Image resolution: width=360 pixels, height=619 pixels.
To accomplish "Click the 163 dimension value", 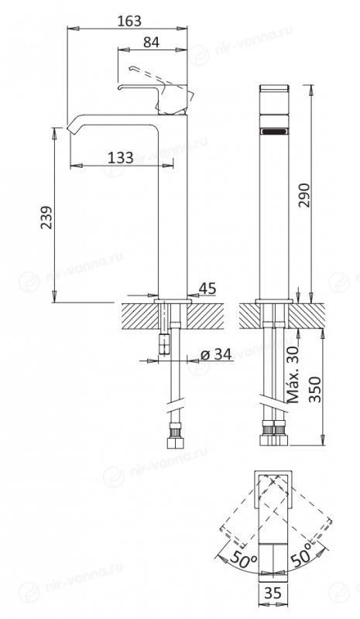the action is click(129, 21).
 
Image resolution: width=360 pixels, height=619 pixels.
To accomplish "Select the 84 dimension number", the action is click(151, 43).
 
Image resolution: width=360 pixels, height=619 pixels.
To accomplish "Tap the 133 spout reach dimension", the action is click(121, 158).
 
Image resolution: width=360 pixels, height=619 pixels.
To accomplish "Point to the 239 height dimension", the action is click(46, 217).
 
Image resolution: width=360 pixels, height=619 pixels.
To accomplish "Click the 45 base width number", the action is click(207, 289).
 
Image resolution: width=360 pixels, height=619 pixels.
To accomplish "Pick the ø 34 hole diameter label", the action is click(216, 354).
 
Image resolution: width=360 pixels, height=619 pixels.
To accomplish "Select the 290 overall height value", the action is click(305, 195).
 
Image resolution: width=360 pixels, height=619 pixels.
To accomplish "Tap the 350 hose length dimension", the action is click(315, 389).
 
